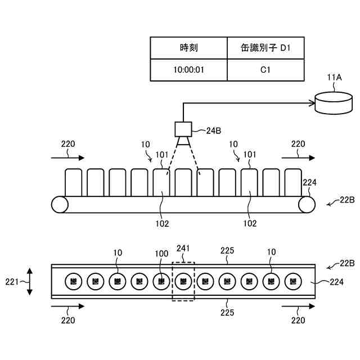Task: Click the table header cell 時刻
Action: tap(189, 48)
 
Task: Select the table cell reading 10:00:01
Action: tap(189, 70)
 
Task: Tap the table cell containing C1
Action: tap(265, 70)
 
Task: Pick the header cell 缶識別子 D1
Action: tap(265, 48)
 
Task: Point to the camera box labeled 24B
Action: tap(183, 130)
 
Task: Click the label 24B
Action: tap(214, 131)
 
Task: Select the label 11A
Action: tap(334, 78)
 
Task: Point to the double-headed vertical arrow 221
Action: tap(30, 281)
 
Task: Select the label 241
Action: tap(183, 247)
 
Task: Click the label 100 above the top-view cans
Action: tap(161, 253)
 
